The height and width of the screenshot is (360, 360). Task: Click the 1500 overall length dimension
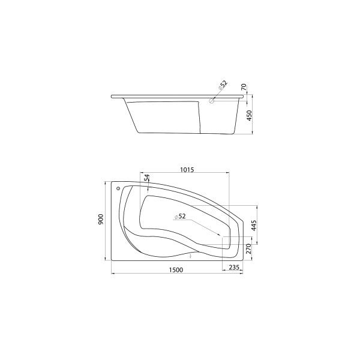coord(176,270)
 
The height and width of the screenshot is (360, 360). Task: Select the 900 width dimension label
coord(101,220)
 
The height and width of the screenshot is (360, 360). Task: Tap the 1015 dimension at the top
coord(187,170)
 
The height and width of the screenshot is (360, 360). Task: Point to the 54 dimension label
coord(147,178)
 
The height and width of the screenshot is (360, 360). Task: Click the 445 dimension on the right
coord(253,226)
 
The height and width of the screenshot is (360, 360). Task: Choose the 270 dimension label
coord(249,249)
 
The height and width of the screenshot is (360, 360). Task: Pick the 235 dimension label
coord(234,267)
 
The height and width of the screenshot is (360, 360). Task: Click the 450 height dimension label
coord(250,116)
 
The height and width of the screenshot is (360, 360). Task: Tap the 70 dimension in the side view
coord(244,87)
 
